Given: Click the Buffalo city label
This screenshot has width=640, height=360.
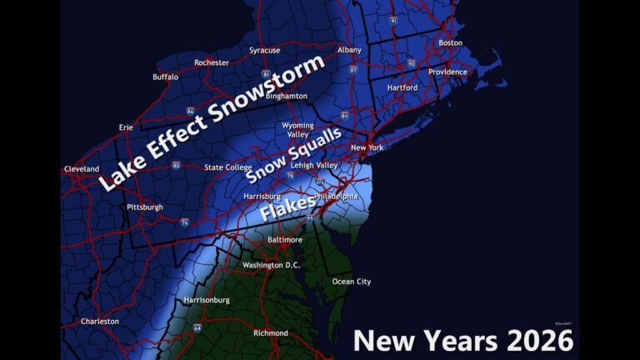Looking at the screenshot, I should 165,77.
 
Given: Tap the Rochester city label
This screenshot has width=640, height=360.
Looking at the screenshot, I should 212,62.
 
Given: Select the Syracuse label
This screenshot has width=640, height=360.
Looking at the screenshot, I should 264,50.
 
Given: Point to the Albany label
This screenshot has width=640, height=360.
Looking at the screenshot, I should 349,50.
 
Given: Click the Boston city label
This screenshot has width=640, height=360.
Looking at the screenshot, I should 450,42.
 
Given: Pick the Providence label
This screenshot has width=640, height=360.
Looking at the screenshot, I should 448,72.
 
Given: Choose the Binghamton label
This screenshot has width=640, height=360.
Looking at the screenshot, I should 287,96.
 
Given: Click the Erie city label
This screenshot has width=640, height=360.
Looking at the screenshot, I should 126,127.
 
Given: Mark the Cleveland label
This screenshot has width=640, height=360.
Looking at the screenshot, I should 82,169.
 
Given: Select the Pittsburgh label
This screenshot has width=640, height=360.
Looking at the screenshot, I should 145,207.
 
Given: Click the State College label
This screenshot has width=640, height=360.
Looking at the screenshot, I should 228,167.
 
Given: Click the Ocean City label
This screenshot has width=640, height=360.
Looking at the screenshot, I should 352,282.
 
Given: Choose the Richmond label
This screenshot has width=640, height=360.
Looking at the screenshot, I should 270,333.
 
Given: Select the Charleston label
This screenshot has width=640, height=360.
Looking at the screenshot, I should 100,321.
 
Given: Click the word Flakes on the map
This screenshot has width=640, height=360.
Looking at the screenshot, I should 288,207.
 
